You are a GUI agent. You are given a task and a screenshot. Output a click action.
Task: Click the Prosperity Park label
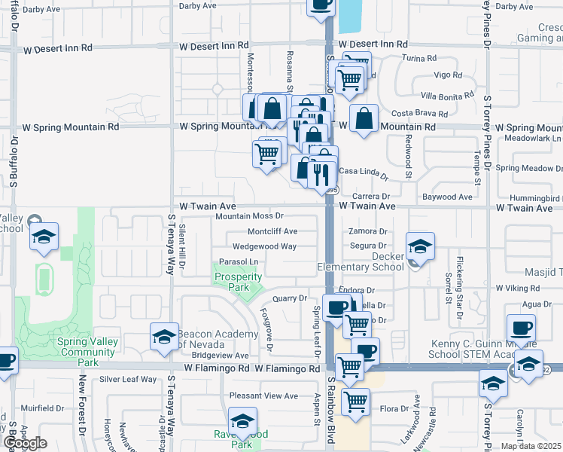pyautogui.click(x=238, y=282)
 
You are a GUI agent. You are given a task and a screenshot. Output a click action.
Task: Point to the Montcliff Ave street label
pyautogui.click(x=272, y=231)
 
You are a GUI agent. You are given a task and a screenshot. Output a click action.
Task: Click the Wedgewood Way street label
pyautogui.click(x=264, y=246)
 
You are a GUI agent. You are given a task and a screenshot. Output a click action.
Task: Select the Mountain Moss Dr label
pyautogui.click(x=249, y=217)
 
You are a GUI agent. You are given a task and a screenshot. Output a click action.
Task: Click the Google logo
pyautogui.click(x=25, y=443)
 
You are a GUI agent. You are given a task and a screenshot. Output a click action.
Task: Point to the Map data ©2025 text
pyautogui.click(x=531, y=446)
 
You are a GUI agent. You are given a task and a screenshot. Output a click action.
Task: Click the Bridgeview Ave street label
pyautogui.click(x=220, y=356)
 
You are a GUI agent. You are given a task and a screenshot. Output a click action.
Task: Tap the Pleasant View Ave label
pyautogui.click(x=264, y=395)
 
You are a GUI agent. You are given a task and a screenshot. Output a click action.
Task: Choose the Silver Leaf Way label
pyautogui.click(x=128, y=380)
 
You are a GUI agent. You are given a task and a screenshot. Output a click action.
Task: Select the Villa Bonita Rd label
pyautogui.click(x=447, y=96)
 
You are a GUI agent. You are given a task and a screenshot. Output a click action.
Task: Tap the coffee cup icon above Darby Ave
pyautogui.click(x=321, y=5)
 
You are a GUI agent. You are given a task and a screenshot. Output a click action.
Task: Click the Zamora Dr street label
pyautogui.click(x=367, y=231)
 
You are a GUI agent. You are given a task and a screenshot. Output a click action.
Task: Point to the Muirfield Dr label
pyautogui.click(x=43, y=408)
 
